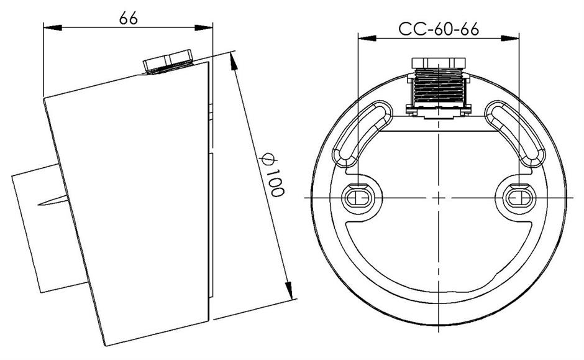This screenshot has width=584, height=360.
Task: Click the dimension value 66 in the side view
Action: (x=129, y=17)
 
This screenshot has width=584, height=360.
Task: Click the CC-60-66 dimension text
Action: (x=439, y=29)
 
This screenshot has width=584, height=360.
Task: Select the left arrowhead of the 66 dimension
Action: (x=53, y=27)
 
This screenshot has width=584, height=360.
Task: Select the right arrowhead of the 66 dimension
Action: (x=203, y=27)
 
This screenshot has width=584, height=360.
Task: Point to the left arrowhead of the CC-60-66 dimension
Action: (x=367, y=38)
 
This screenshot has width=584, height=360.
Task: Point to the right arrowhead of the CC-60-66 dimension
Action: (x=510, y=38)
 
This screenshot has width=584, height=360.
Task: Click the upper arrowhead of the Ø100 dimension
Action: (x=234, y=62)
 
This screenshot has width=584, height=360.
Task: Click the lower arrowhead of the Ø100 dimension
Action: (x=289, y=290)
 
